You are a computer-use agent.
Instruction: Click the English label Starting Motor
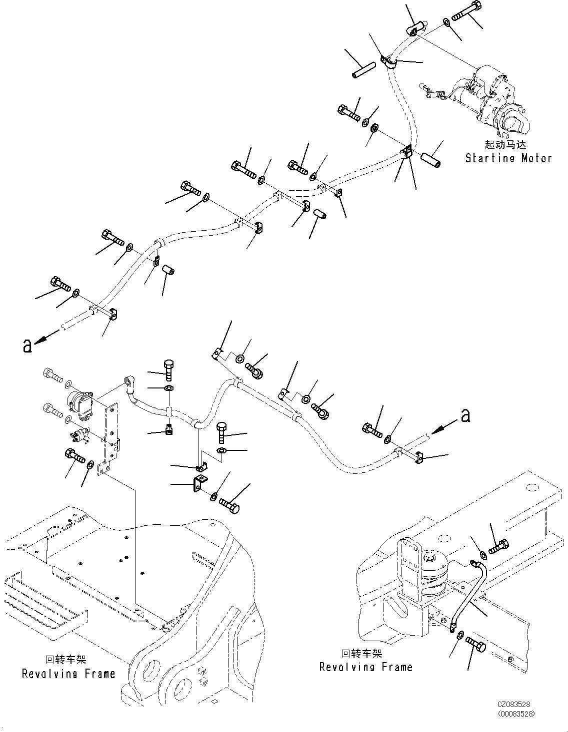(508, 158)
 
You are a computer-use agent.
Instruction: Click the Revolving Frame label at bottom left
(68, 674)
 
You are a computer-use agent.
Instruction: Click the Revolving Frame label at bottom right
(365, 667)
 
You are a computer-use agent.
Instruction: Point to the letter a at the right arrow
(465, 415)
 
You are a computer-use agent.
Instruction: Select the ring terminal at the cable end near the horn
(128, 383)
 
